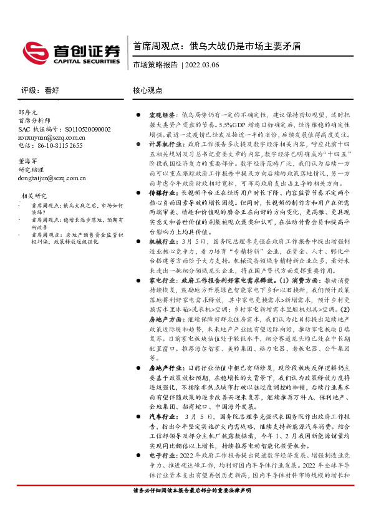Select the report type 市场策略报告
pos(155,64)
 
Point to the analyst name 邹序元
pos(29,111)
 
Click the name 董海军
pos(29,160)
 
